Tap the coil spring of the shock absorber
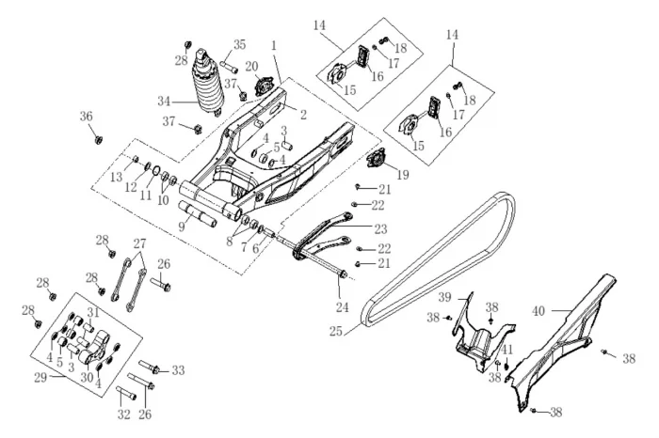click(206, 91)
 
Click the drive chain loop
click(442, 254)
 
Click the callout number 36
click(87, 116)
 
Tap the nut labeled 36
click(98, 139)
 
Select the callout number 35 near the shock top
click(240, 44)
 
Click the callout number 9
click(182, 226)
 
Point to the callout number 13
click(115, 179)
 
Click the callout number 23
click(380, 228)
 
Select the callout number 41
click(506, 350)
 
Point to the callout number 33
click(178, 369)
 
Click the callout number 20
click(252, 65)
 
